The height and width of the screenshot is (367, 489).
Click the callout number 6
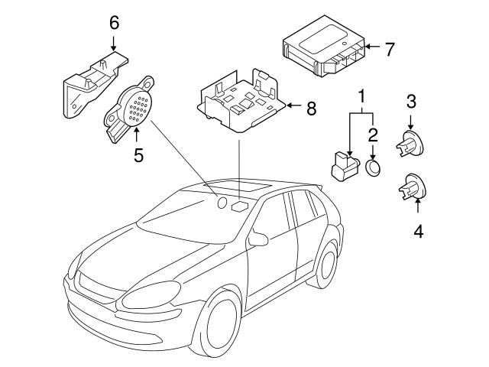[x=114, y=22]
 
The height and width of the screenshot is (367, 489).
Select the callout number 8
[x=311, y=109]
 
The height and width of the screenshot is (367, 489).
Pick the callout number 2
[x=373, y=136]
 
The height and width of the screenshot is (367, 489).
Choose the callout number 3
[x=411, y=100]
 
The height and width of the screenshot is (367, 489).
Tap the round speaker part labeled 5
[x=134, y=106]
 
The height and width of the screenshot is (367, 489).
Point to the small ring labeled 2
[x=373, y=168]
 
